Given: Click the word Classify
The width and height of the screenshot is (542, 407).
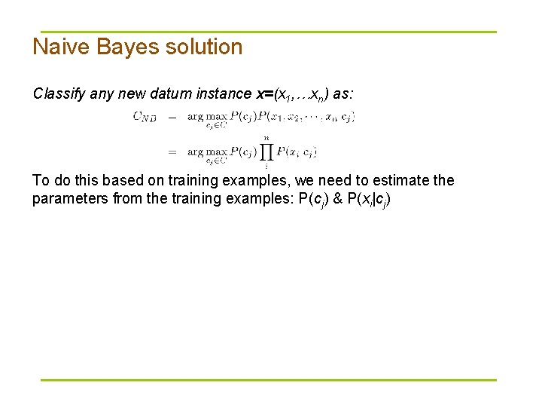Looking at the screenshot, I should pyautogui.click(x=59, y=94).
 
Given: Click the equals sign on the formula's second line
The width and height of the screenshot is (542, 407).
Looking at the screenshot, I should pyautogui.click(x=172, y=151).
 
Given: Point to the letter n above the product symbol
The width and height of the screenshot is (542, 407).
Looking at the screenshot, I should pyautogui.click(x=266, y=137).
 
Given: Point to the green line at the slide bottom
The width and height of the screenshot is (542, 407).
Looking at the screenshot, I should pyautogui.click(x=268, y=380).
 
